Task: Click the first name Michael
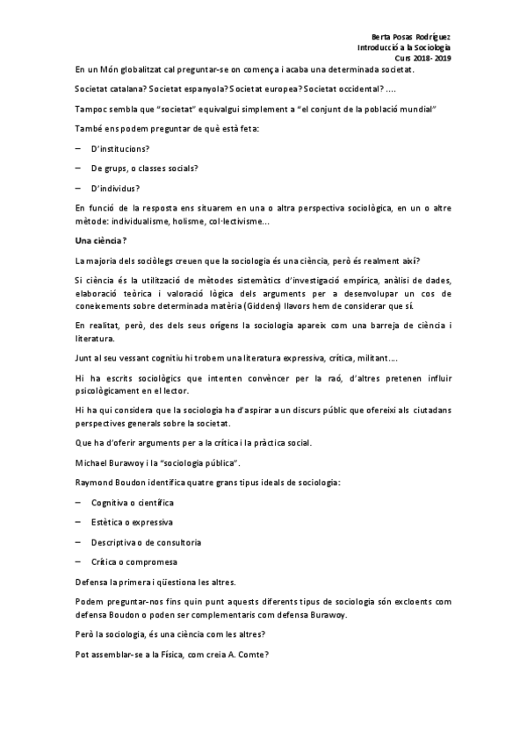(x=96, y=462)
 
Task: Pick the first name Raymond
(x=97, y=483)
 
